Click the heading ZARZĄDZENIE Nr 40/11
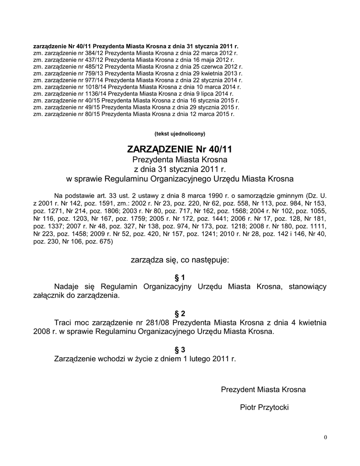pos(180,149)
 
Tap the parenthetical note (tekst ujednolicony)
pos(180,133)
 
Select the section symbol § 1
pos(180,277)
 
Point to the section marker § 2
pos(180,314)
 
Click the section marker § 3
pos(180,349)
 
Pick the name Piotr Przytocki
pos(264,407)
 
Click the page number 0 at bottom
pos(325,437)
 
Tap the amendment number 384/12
pos(93,53)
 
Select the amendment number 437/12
pos(93,60)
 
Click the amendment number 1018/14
pos(95,86)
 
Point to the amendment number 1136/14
pos(95,93)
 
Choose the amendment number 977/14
pos(93,80)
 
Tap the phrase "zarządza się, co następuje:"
pos(180,260)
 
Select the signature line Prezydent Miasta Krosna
pos(263,390)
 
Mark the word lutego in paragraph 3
pos(201,359)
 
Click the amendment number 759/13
pos(93,73)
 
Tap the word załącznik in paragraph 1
pos(50,295)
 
